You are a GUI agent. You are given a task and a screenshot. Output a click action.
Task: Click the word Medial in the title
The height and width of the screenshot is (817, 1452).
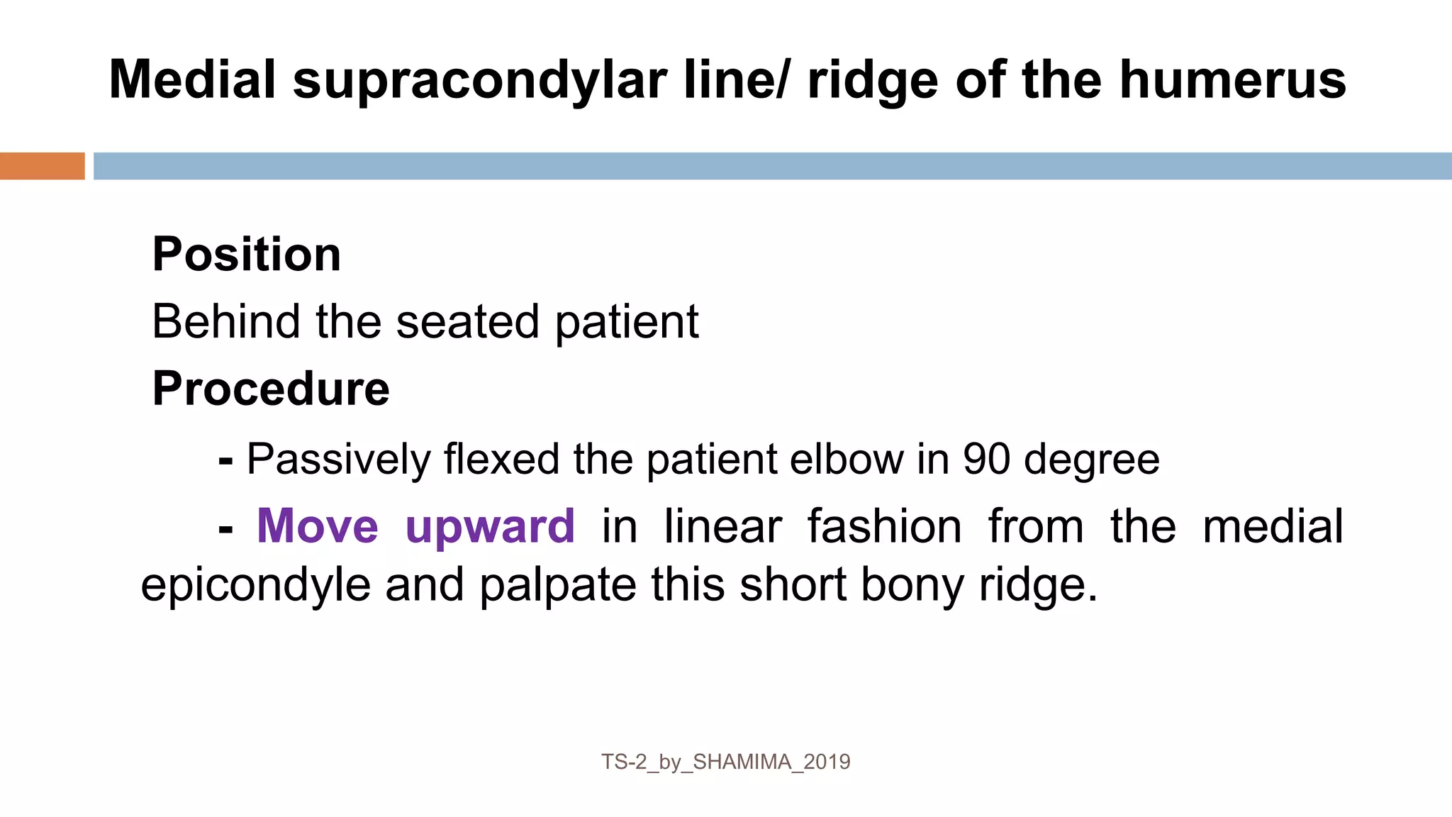(192, 79)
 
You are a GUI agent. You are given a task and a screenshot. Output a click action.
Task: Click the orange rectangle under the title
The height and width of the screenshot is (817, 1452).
(42, 166)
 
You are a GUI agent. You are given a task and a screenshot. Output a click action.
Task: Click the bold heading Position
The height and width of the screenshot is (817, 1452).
(247, 254)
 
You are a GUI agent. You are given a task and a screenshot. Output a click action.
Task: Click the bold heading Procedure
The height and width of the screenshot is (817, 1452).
(271, 389)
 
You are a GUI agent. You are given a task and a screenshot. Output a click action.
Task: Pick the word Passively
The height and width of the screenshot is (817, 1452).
(338, 460)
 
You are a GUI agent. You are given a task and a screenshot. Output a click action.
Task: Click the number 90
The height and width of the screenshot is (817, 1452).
(986, 459)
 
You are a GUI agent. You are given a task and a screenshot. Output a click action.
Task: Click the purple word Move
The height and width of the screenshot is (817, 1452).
(318, 526)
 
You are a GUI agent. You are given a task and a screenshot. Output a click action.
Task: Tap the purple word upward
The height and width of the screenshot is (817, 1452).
(490, 528)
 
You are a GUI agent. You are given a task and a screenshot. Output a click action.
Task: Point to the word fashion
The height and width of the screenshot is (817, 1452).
(884, 526)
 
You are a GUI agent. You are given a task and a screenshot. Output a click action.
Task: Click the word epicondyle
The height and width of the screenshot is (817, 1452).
(255, 587)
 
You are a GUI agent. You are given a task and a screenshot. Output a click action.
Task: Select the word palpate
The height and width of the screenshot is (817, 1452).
(557, 587)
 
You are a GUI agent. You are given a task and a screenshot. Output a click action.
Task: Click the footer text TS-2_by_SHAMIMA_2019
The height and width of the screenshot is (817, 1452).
(725, 762)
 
